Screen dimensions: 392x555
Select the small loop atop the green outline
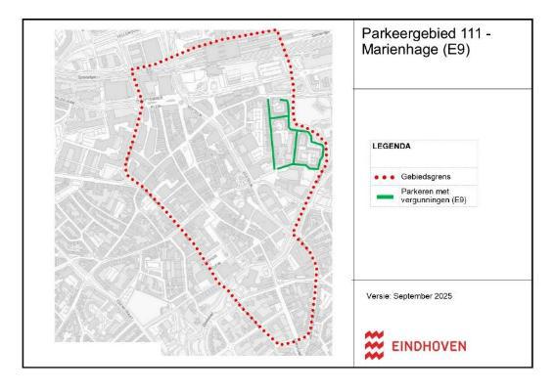(280, 109)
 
